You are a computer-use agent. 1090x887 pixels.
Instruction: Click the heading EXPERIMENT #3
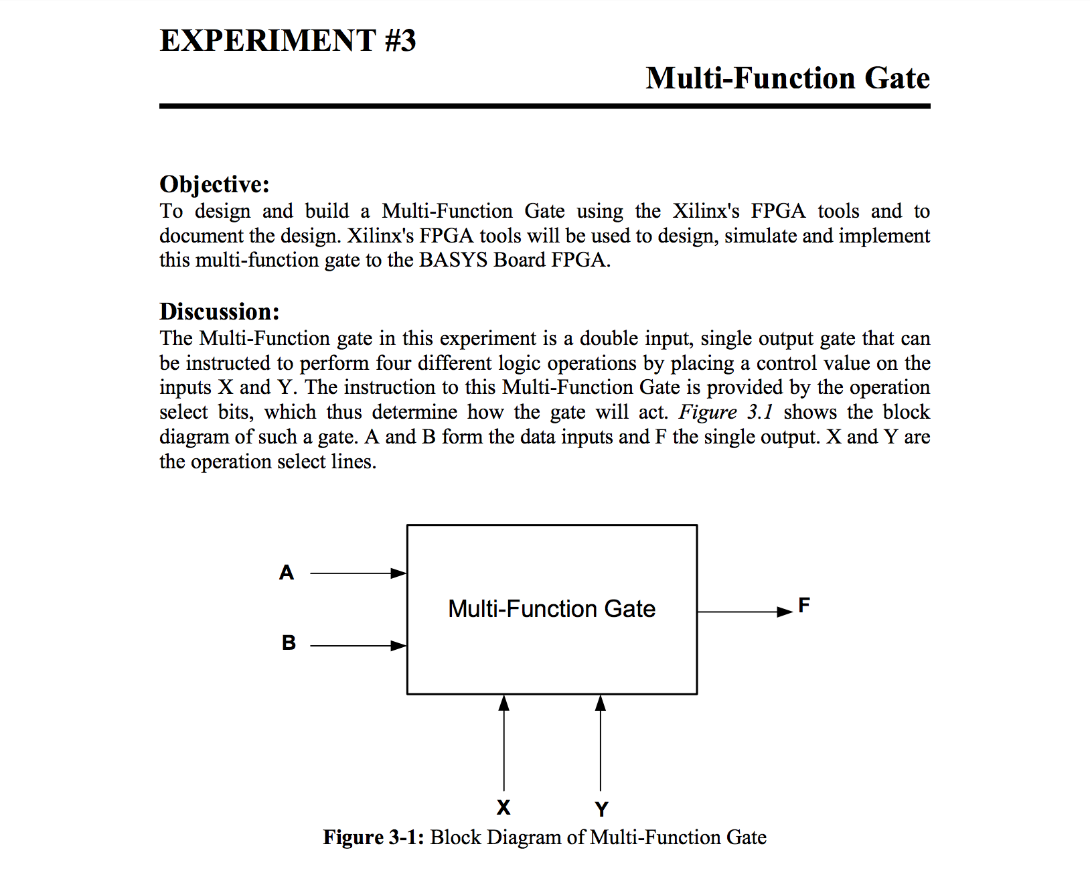point(288,41)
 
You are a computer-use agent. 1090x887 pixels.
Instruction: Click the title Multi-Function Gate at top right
point(787,78)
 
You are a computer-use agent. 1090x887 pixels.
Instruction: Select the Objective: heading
point(214,184)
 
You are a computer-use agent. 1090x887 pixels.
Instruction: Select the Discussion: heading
point(219,312)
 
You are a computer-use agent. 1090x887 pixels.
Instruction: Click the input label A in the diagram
point(287,573)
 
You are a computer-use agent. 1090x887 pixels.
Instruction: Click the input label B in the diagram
point(289,643)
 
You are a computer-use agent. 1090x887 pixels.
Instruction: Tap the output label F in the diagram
point(804,606)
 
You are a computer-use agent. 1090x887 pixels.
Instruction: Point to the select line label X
point(503,808)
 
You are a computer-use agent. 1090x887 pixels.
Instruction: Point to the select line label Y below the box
point(601,809)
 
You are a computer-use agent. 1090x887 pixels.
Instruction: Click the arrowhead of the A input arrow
point(399,573)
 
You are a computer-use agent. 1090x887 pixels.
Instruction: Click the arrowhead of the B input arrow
point(399,646)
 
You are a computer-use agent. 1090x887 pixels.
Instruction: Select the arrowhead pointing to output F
point(785,612)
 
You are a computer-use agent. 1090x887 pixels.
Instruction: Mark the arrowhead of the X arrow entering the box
point(504,703)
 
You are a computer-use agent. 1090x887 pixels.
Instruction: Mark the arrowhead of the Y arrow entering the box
point(601,703)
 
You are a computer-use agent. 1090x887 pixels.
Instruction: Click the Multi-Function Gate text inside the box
point(552,609)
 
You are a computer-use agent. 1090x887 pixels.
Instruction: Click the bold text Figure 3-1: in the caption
point(373,837)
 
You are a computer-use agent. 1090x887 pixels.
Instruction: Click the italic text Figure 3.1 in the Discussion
point(726,412)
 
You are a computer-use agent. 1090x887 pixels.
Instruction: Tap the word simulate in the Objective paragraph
point(761,236)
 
